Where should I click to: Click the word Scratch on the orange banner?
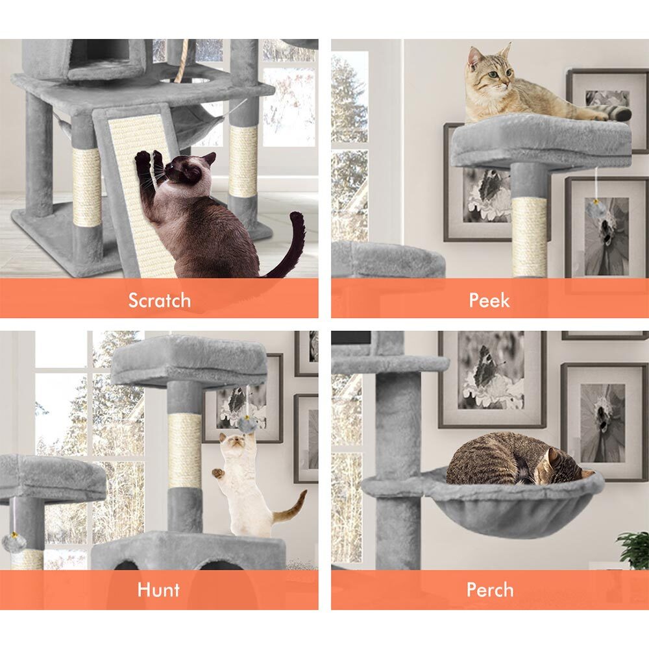point(160,300)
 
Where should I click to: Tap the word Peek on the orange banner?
point(489,300)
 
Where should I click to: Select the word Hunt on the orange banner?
point(158,589)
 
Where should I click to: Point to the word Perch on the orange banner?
point(490,589)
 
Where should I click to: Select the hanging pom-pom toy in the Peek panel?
point(594,210)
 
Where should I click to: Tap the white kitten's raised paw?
point(218,472)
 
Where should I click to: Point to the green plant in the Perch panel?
point(633,550)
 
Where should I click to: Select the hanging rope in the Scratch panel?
point(182,60)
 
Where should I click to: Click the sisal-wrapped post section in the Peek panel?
point(529,237)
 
